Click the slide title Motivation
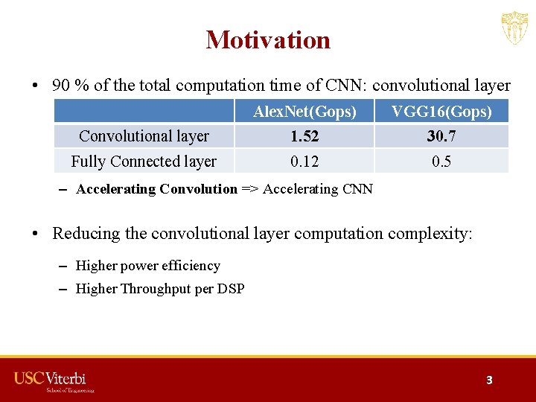point(268,39)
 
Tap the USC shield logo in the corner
point(514,28)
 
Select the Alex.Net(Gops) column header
point(304,112)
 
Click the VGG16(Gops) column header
point(441,112)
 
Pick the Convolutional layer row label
point(144,136)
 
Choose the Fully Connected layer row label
point(144,161)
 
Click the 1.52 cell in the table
point(304,136)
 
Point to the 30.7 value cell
point(441,136)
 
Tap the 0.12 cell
point(304,161)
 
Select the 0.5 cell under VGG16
point(441,161)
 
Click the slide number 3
point(489,380)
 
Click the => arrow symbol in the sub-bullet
point(250,189)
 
